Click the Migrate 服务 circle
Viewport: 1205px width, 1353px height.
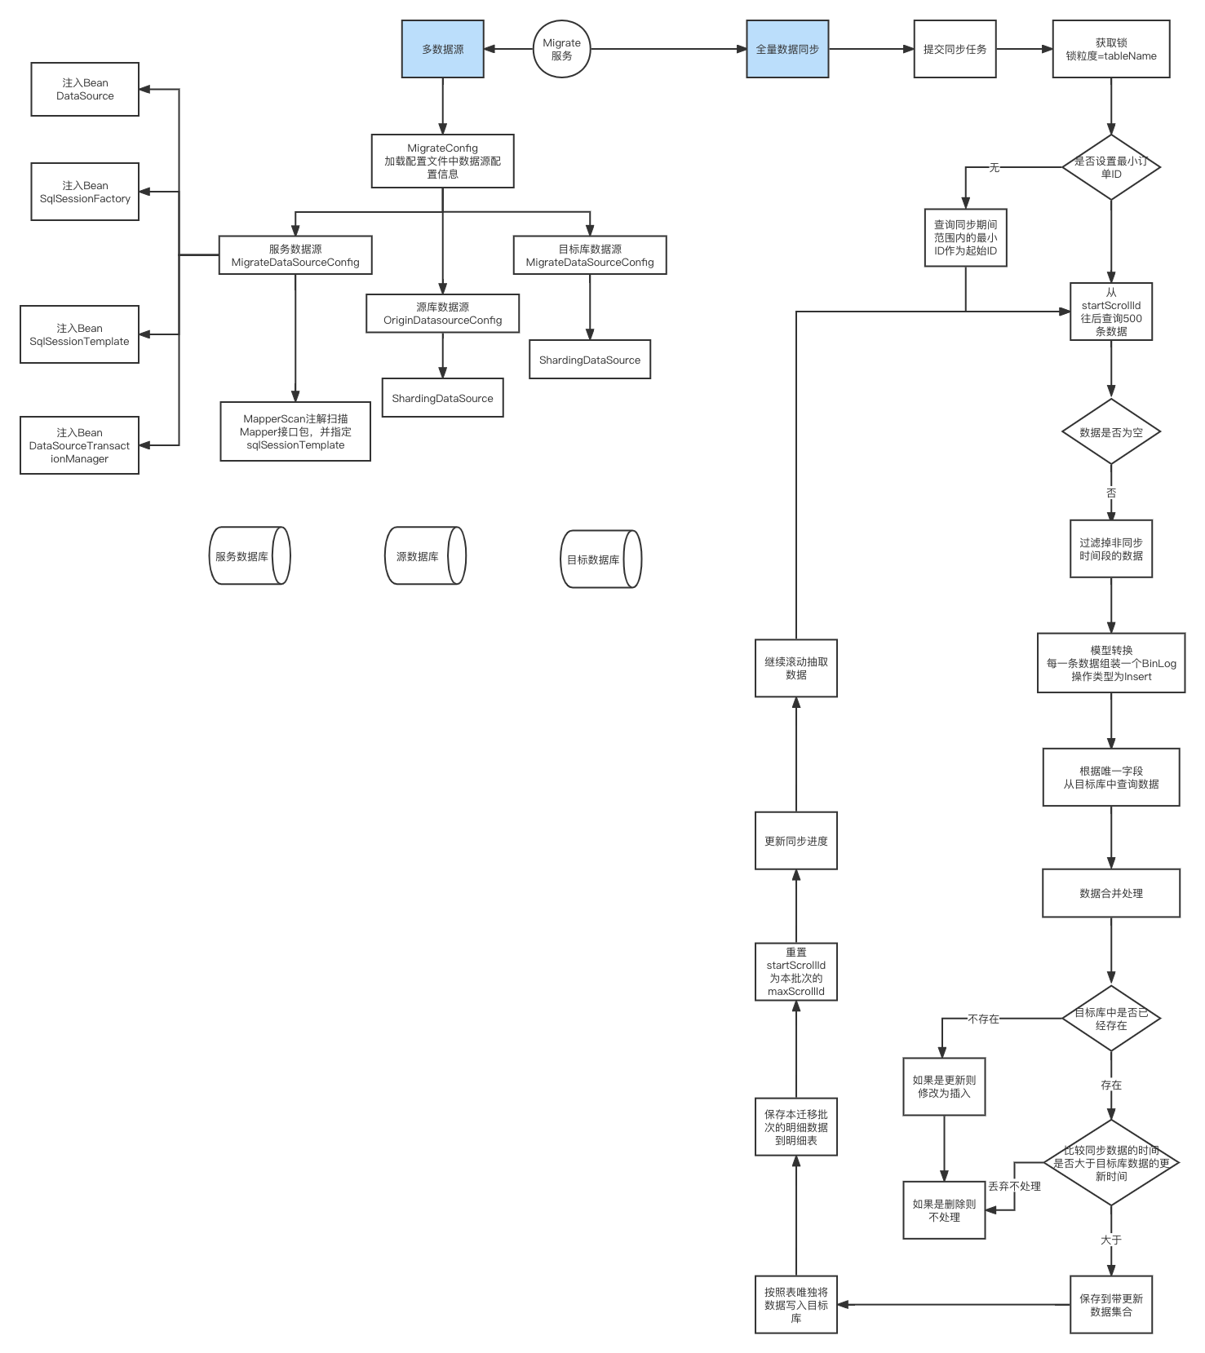pyautogui.click(x=561, y=49)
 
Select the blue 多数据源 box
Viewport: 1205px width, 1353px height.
pyautogui.click(x=443, y=49)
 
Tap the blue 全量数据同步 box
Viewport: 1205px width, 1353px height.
pyautogui.click(x=787, y=49)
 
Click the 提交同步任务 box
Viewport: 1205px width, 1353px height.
pyautogui.click(x=955, y=49)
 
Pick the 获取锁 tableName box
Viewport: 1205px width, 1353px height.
pyautogui.click(x=1111, y=49)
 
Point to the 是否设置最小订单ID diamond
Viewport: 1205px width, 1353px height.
pyautogui.click(x=1111, y=167)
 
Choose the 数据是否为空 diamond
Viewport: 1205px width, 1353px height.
pyautogui.click(x=1111, y=432)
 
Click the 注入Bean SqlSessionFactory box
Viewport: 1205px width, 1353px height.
pyautogui.click(x=85, y=192)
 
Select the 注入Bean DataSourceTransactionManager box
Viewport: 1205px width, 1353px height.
pyautogui.click(x=79, y=445)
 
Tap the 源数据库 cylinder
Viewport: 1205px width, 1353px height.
pyautogui.click(x=425, y=555)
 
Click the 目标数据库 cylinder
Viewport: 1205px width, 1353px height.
pyautogui.click(x=601, y=559)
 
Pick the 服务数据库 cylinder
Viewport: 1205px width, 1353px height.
pyautogui.click(x=250, y=555)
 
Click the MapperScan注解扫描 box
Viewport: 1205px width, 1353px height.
pyautogui.click(x=295, y=431)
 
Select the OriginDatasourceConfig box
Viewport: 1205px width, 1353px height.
pyautogui.click(x=443, y=313)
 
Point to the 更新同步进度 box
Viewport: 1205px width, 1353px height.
pyautogui.click(x=796, y=841)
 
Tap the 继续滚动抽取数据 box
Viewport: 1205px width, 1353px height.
pyautogui.click(x=796, y=668)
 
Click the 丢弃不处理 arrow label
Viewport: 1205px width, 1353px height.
pyautogui.click(x=1015, y=1186)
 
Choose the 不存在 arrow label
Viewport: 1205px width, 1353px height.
pyautogui.click(x=984, y=1019)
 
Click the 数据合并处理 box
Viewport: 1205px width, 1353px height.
pyautogui.click(x=1111, y=893)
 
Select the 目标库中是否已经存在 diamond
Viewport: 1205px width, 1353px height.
pyautogui.click(x=1111, y=1019)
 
